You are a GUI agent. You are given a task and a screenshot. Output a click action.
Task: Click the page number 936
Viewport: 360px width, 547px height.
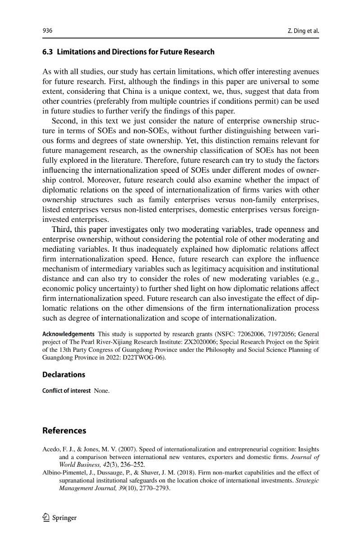click(47, 31)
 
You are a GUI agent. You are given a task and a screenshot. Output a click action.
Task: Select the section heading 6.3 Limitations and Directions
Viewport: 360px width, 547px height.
click(128, 52)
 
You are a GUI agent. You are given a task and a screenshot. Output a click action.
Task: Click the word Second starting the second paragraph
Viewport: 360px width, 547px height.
click(65, 122)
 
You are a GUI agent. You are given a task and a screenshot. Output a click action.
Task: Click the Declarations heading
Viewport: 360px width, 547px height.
click(64, 375)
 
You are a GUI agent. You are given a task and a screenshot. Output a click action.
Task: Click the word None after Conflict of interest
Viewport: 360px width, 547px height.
click(101, 391)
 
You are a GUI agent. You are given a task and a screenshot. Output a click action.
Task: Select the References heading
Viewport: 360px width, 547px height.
click(64, 431)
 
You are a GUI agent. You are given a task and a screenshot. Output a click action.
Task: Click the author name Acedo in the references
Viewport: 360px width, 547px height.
click(51, 450)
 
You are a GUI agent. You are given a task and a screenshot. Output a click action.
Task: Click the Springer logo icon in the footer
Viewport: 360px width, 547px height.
click(46, 518)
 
